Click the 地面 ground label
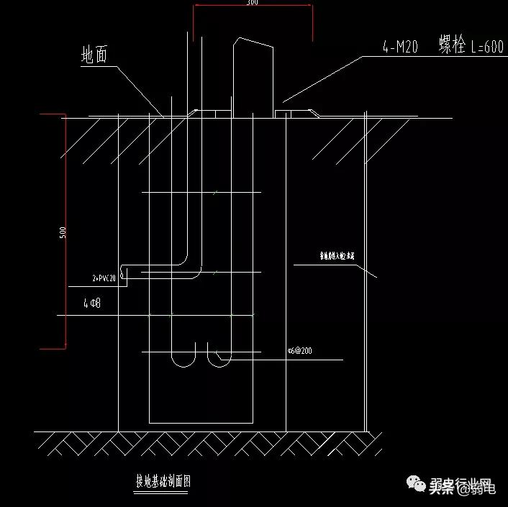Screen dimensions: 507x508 pyautogui.click(x=94, y=55)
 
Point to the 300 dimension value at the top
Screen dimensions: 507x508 pyautogui.click(x=252, y=3)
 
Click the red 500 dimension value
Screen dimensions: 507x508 pyautogui.click(x=63, y=232)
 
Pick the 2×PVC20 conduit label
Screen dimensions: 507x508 pyautogui.click(x=104, y=278)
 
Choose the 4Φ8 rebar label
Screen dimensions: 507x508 pyautogui.click(x=91, y=304)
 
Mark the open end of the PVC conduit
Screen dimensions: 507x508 pyautogui.click(x=123, y=273)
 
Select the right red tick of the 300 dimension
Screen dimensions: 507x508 pyautogui.click(x=312, y=22)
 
